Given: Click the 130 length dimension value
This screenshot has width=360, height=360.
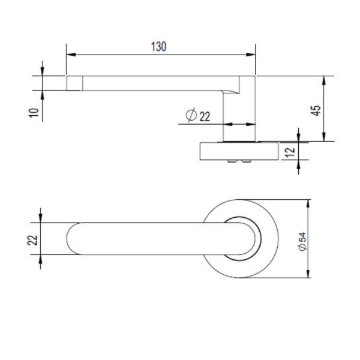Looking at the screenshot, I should tap(158, 46).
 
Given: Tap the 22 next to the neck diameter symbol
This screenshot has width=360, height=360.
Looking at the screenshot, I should tap(205, 116).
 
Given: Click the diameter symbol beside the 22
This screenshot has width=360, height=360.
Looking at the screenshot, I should tap(191, 116).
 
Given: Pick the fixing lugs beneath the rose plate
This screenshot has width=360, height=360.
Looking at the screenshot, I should tap(239, 163).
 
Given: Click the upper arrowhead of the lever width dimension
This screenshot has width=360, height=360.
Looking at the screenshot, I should tap(41, 218).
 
